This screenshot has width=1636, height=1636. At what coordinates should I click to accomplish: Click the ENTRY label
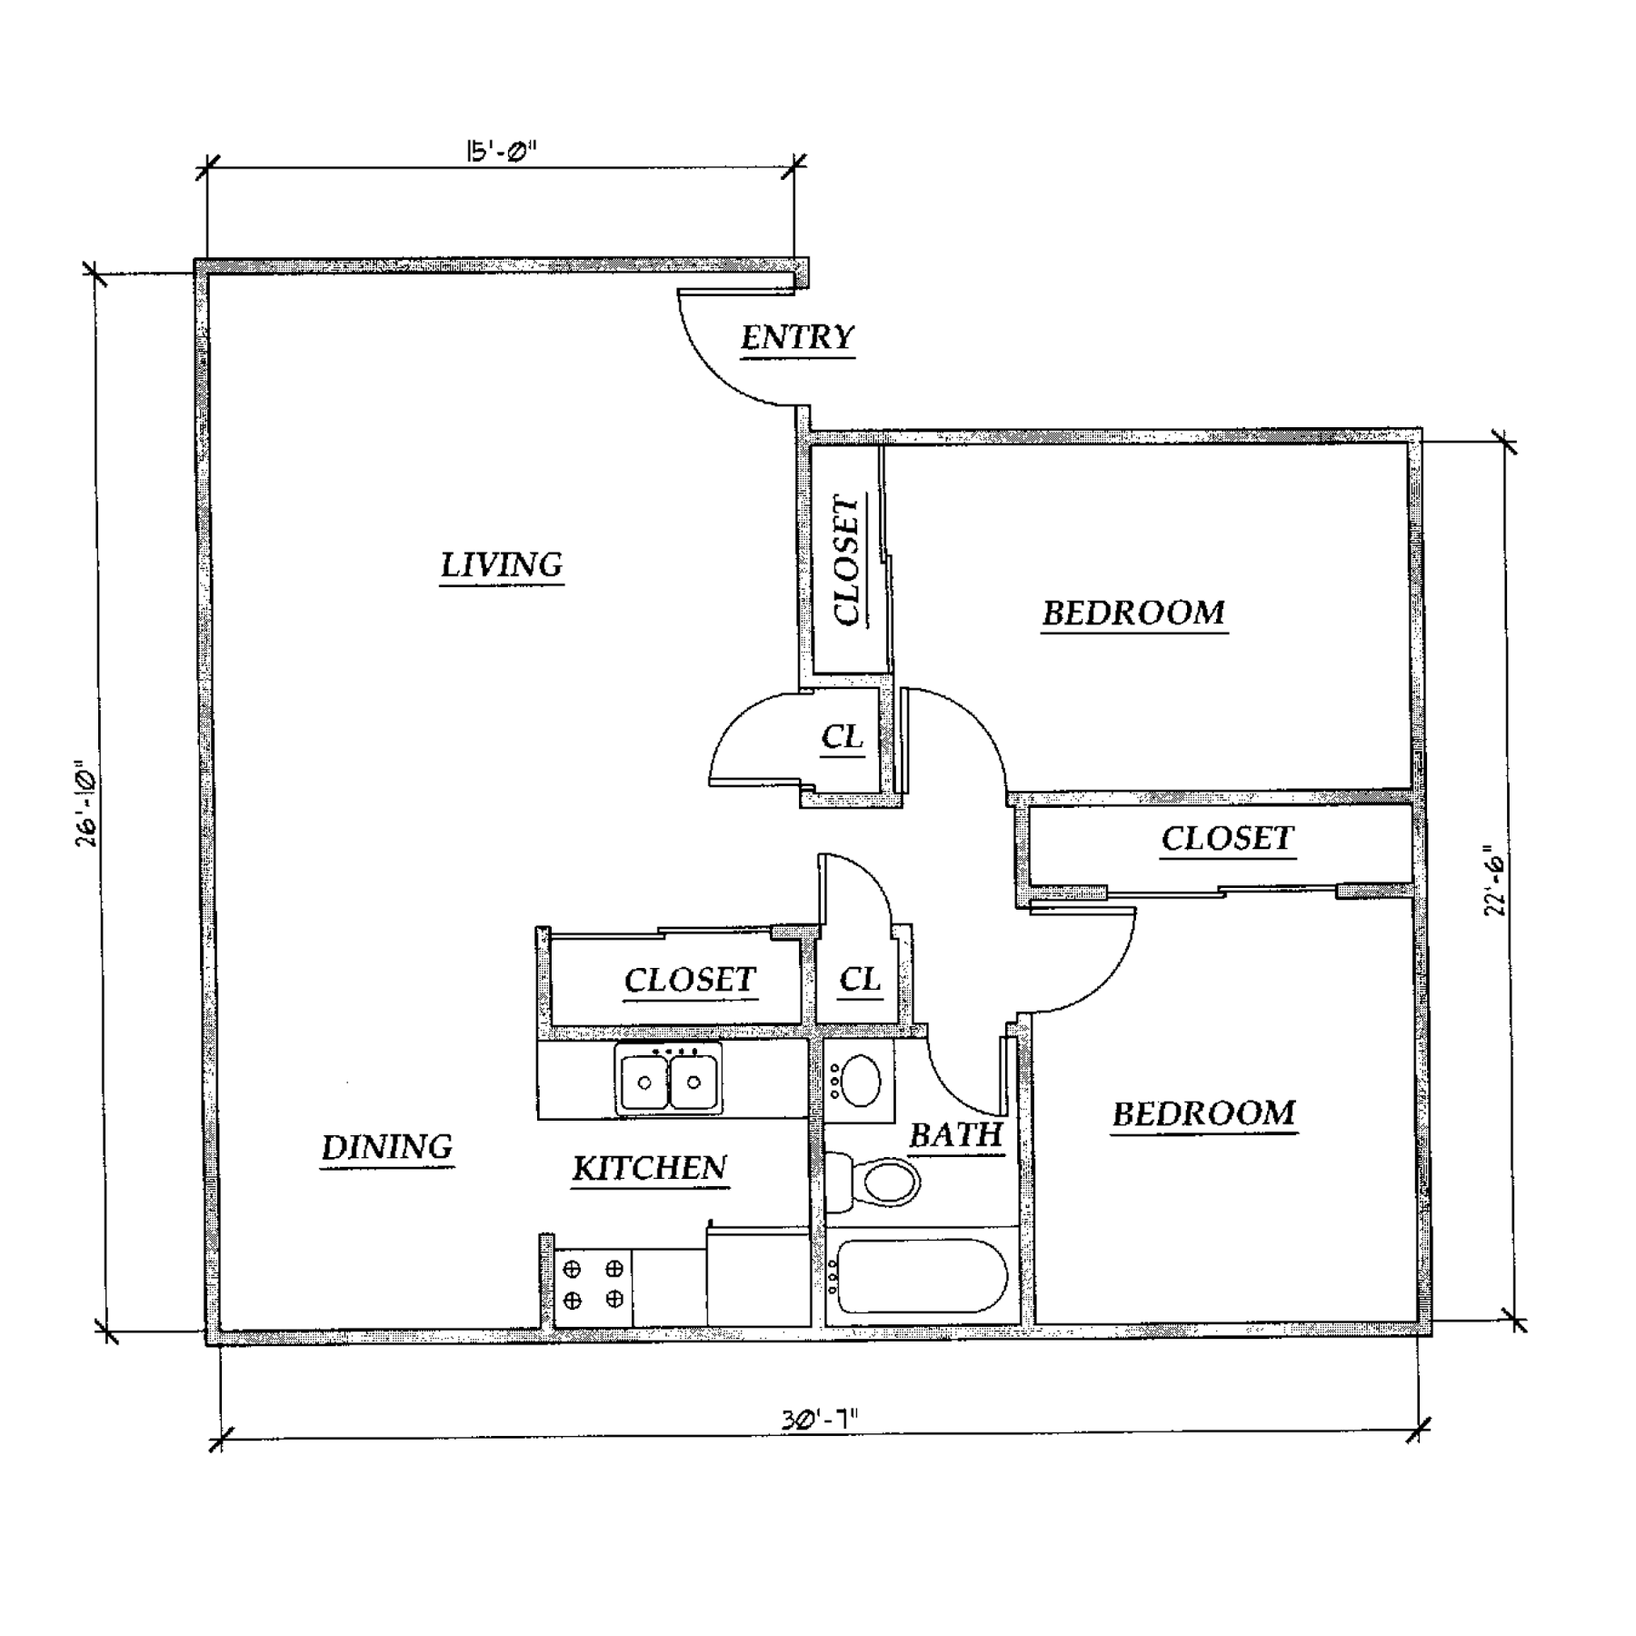(797, 338)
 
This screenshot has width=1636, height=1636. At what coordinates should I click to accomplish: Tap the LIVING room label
(502, 565)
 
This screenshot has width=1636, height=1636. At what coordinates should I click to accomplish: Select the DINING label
(387, 1147)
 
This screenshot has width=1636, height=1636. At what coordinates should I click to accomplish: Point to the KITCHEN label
(650, 1168)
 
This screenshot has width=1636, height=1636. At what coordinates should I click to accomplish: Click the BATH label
(955, 1135)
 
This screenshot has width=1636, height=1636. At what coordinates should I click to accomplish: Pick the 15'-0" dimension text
(501, 151)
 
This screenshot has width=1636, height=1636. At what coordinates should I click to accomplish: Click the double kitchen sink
(669, 1081)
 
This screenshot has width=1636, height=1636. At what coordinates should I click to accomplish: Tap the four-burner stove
(593, 1283)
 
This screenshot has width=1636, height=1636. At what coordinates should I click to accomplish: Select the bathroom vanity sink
(860, 1081)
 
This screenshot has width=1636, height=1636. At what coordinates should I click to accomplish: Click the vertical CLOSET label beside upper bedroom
(846, 561)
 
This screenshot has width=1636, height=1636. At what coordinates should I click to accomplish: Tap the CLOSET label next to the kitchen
(690, 980)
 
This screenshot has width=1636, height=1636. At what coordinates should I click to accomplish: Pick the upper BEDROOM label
(1133, 613)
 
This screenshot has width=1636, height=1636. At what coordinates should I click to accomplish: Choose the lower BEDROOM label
(1204, 1113)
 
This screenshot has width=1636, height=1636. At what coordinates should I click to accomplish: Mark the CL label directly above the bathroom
(860, 979)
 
